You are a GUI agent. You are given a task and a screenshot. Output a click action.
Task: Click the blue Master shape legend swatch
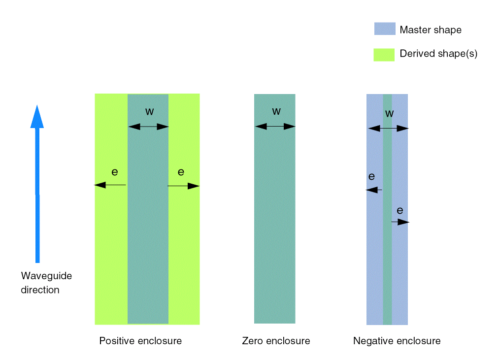(x=384, y=29)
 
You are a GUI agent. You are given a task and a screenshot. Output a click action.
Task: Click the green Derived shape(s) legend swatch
(x=384, y=54)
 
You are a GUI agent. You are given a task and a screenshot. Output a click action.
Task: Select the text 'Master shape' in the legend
(x=431, y=30)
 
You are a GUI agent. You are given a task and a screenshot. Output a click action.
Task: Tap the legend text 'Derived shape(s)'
(x=438, y=54)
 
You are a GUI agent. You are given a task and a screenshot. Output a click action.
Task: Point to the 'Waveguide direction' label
(x=46, y=283)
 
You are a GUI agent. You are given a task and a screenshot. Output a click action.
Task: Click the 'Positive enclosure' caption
(x=140, y=341)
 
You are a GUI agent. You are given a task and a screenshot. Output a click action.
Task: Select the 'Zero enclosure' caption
(x=276, y=341)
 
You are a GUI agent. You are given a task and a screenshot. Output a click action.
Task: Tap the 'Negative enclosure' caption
(x=397, y=341)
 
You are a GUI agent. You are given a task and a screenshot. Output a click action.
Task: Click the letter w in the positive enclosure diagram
(x=149, y=111)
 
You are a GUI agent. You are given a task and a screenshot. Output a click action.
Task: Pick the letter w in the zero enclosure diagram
(x=276, y=111)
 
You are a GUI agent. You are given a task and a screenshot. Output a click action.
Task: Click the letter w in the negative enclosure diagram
(x=389, y=113)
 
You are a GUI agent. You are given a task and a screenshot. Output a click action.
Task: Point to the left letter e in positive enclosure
(x=115, y=172)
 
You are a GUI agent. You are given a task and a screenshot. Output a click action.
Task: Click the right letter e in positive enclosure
(x=181, y=172)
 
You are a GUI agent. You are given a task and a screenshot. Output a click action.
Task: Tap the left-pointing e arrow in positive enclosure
(x=110, y=185)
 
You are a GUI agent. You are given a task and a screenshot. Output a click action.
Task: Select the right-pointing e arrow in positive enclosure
(x=183, y=186)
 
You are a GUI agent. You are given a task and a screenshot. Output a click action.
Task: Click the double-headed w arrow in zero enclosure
(x=275, y=127)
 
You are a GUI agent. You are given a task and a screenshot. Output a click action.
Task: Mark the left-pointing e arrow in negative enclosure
(x=374, y=190)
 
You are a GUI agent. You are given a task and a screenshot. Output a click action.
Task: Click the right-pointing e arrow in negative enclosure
(x=400, y=222)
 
